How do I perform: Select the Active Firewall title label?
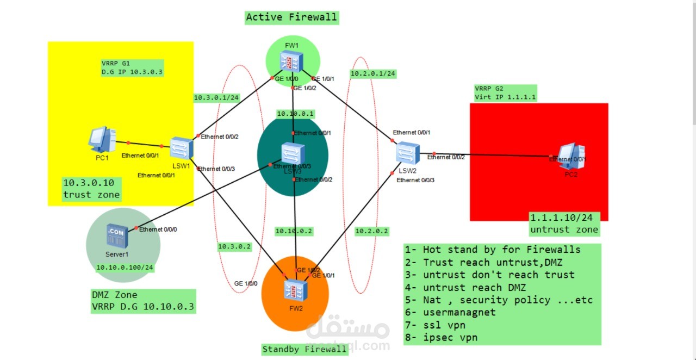point(291,17)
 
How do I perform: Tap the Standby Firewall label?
point(304,349)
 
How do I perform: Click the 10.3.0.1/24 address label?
point(216,98)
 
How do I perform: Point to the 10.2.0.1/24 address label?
point(372,73)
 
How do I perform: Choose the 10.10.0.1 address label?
point(295,114)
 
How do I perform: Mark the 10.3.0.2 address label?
point(234,246)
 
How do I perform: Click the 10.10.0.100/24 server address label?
point(125,267)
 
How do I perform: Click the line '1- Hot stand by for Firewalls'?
point(493,250)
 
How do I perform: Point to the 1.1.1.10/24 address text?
point(561,218)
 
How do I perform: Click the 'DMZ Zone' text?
point(114,295)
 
